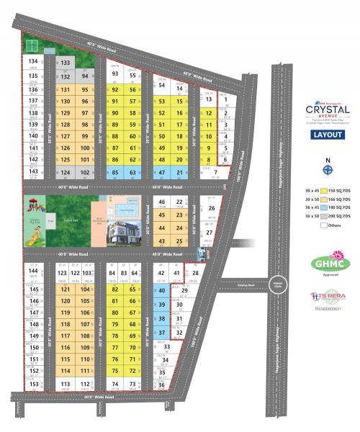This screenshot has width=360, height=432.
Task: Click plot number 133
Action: [x=65, y=63]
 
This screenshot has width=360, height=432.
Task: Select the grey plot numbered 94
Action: [x=85, y=76]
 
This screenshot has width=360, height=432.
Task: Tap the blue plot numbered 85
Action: [x=115, y=173]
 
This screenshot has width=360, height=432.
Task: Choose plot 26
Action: [x=211, y=209]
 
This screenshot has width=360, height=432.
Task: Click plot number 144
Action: [x=32, y=272]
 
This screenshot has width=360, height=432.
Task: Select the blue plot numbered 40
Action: [x=162, y=291]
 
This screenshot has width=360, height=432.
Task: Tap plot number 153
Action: [x=33, y=384]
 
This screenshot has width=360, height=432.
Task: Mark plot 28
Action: [x=195, y=274]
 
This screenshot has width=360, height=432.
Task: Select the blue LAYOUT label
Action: [x=328, y=135]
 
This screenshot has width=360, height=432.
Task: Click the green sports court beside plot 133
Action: [x=32, y=45]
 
